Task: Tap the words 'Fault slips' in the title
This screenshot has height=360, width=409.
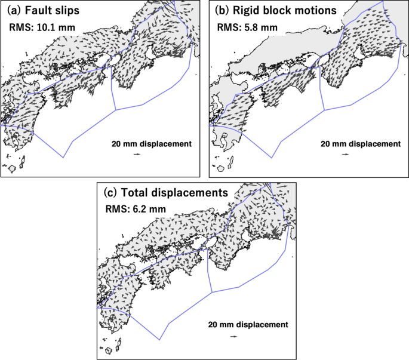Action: click(x=49, y=11)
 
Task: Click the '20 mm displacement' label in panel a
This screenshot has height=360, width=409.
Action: click(x=151, y=144)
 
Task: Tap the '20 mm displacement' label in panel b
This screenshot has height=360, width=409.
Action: click(x=360, y=144)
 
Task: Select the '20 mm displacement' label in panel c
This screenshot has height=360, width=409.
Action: click(x=248, y=325)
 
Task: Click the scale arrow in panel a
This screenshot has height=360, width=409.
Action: click(x=137, y=155)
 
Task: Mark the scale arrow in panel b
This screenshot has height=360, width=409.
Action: click(x=346, y=155)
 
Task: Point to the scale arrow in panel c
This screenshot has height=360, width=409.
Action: click(x=234, y=336)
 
